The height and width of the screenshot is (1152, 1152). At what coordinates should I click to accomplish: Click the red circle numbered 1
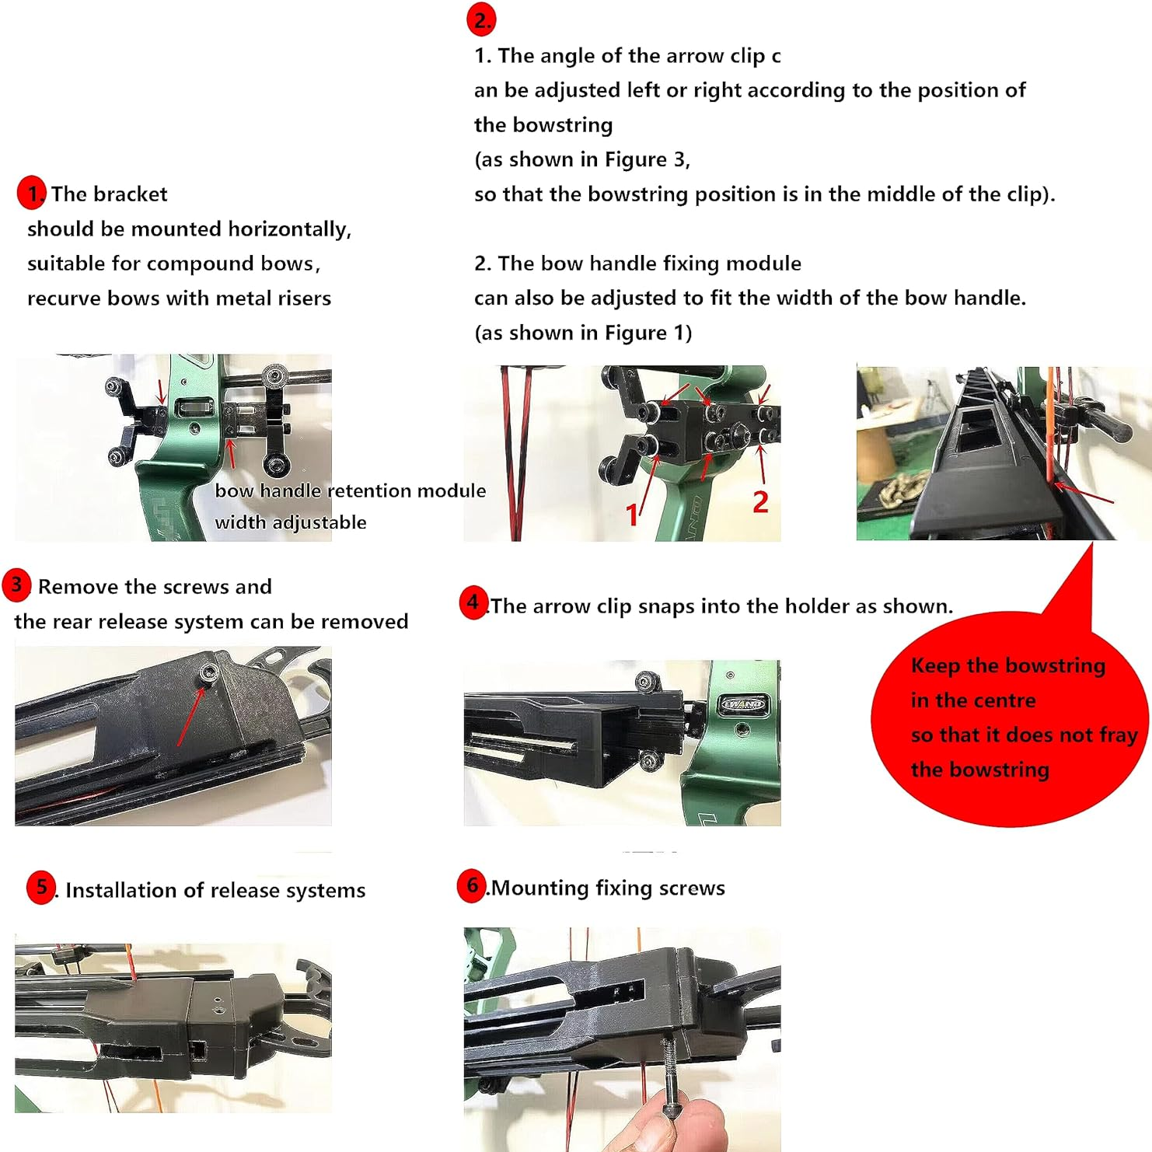coord(32,193)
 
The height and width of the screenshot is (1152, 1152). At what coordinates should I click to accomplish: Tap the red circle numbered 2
coord(481,19)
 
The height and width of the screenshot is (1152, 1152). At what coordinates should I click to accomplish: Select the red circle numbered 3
coord(16,585)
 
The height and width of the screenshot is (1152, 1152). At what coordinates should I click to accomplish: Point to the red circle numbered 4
coord(473,602)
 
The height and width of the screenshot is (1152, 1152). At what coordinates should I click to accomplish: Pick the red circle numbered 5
coord(41,887)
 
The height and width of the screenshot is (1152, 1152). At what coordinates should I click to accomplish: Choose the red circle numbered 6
coord(472,885)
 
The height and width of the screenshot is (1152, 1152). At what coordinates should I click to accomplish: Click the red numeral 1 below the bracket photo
coord(633,515)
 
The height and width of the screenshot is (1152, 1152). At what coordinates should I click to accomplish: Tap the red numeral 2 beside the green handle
coord(760,502)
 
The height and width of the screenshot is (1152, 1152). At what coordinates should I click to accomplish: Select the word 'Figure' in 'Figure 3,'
coord(636,159)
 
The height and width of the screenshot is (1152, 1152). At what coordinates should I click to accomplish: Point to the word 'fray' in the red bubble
coord(1119,735)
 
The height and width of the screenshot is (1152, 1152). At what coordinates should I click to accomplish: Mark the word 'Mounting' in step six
coord(540,888)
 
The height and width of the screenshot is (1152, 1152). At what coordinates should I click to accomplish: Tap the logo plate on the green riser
coord(743,703)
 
